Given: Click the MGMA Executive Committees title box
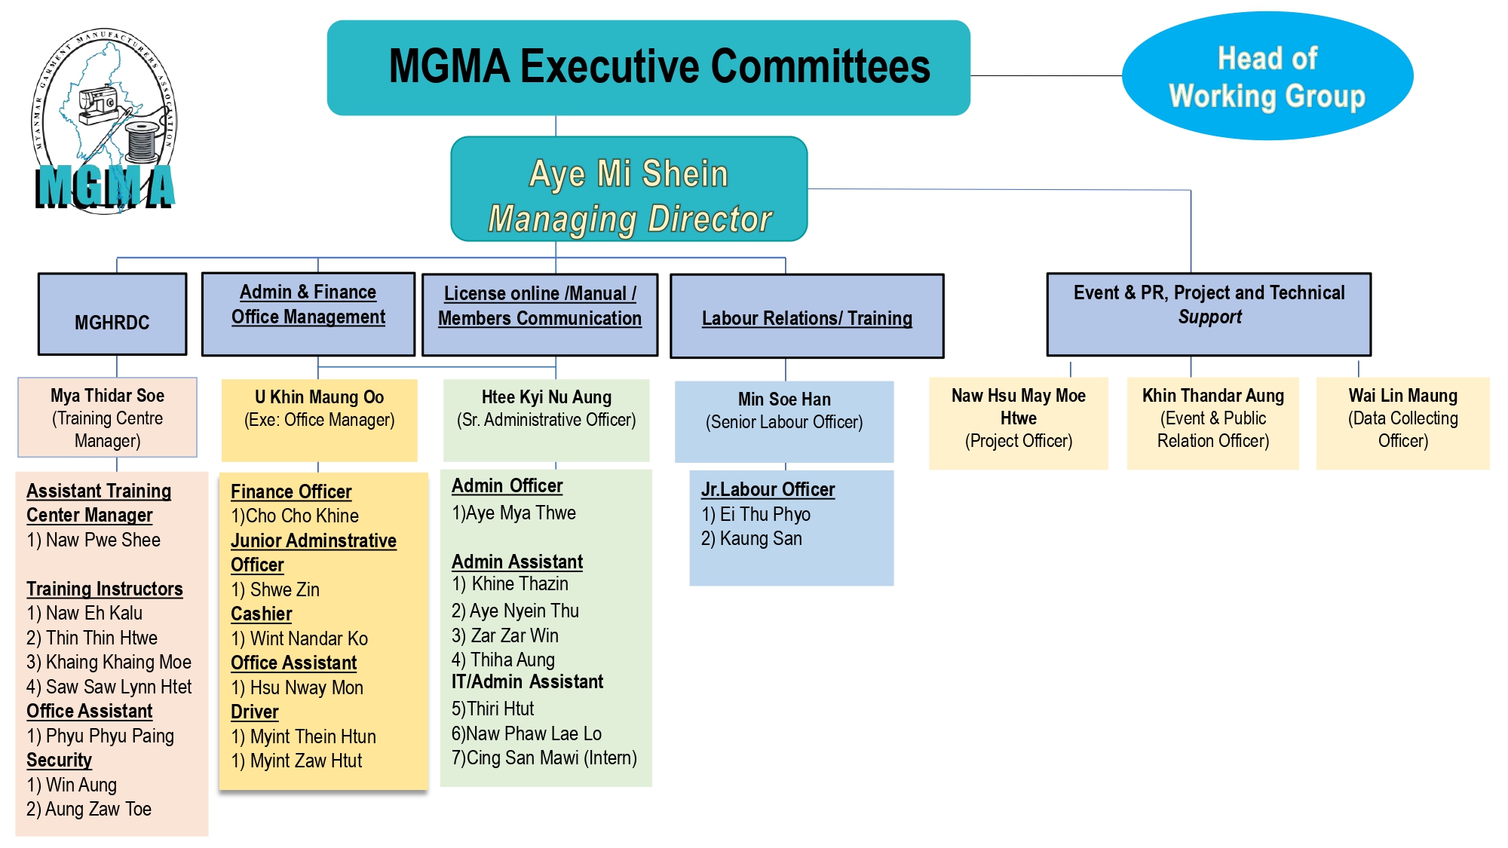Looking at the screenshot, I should tap(648, 68).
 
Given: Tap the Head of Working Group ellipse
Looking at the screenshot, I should tap(1267, 75).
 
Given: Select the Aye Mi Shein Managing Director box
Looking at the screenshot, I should tap(629, 189).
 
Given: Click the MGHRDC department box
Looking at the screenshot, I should tap(112, 314).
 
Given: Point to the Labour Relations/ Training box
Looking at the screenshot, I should tap(807, 316).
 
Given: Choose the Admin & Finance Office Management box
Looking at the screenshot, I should tap(308, 314).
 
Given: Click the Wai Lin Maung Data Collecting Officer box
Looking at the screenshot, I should tap(1402, 423).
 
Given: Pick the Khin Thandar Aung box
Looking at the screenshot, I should tap(1212, 423).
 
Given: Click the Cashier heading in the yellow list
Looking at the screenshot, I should tap(261, 614).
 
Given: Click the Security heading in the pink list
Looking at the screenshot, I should tap(59, 760).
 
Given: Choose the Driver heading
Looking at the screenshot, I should tap(254, 712).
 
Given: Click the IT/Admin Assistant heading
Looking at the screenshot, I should tap(527, 682).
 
